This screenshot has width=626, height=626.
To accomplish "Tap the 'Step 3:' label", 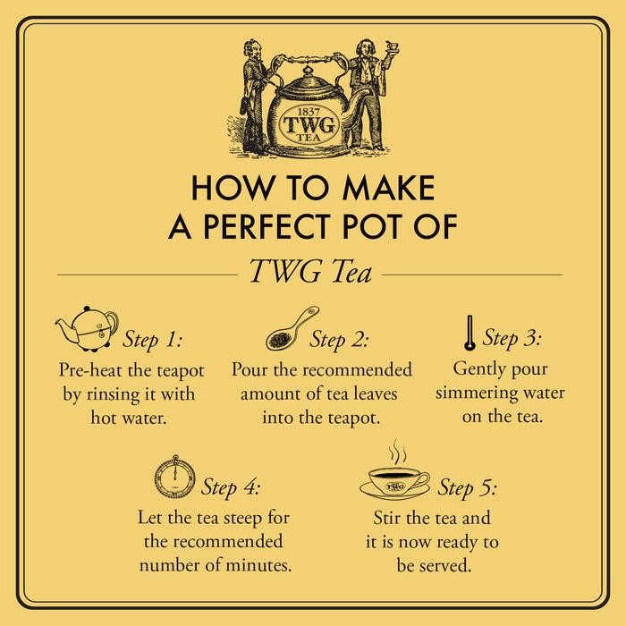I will (512, 339).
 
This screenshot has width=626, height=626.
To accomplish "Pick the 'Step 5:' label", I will (467, 488).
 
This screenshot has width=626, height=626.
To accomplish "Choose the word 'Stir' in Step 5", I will (387, 517).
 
